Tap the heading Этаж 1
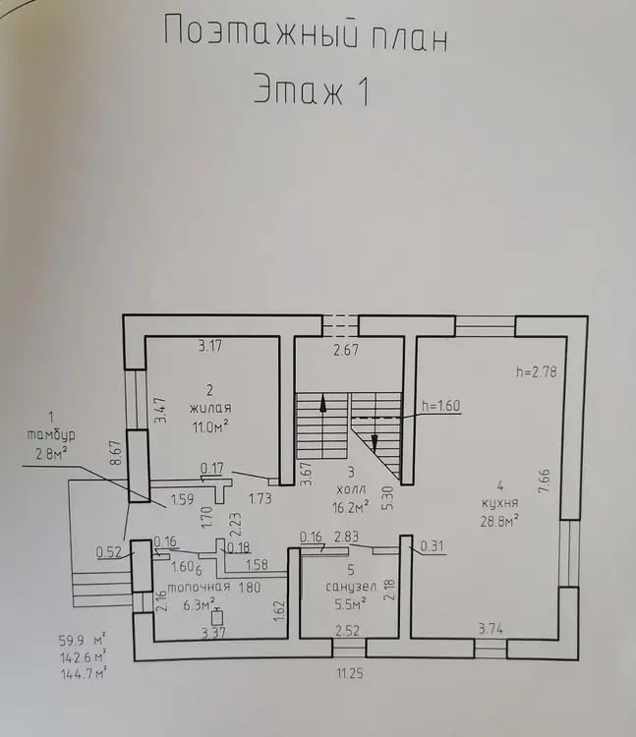point(312,90)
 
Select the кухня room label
point(500,502)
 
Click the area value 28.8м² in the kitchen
point(499,521)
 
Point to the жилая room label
point(210,408)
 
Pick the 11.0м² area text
point(210,426)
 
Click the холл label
point(352,489)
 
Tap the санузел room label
point(351,587)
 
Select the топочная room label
point(199,587)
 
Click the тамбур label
point(51,435)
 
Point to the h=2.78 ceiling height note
point(537,371)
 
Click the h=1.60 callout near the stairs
point(441,406)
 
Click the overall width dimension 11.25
point(350,674)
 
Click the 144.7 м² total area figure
point(84,674)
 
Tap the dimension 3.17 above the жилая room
point(209,347)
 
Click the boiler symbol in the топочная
point(217,616)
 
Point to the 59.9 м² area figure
point(83,640)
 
